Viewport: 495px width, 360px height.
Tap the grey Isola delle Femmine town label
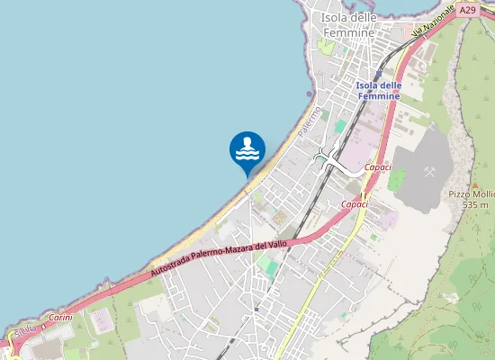(x=348, y=25)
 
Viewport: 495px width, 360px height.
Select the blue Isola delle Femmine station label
(x=378, y=91)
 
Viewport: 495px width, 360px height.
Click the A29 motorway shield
(x=465, y=10)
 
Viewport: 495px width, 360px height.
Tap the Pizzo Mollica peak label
(x=471, y=194)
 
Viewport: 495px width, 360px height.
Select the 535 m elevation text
(x=475, y=205)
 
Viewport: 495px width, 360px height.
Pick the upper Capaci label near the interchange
(x=379, y=167)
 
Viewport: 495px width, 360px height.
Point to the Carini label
(x=60, y=317)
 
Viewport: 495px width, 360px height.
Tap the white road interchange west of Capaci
(x=329, y=159)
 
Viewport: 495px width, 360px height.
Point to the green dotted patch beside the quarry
(x=397, y=180)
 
